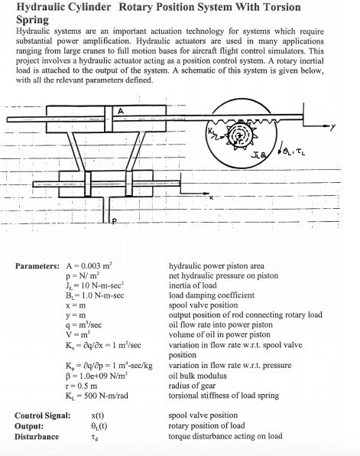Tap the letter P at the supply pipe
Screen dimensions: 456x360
116,222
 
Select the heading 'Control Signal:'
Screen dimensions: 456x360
42,415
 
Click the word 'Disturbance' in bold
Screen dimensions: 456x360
37,436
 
